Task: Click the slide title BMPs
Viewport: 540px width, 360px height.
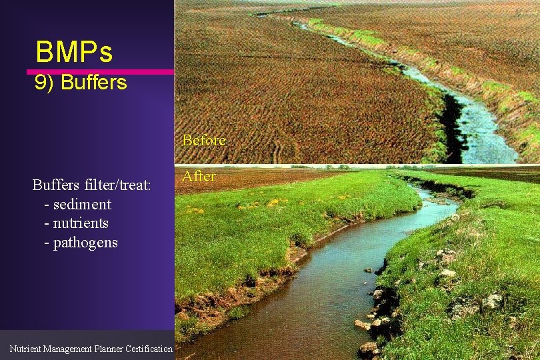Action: pos(74,51)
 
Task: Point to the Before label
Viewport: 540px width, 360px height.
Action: pos(204,141)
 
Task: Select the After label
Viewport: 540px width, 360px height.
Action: pos(199,176)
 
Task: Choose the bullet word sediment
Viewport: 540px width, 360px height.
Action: pos(82,204)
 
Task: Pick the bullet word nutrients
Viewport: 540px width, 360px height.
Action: pos(81,223)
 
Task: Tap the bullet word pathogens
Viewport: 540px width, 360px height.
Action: pos(85,242)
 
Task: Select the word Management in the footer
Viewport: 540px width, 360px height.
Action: pos(67,349)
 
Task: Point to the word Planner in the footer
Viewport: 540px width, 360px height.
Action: pos(110,349)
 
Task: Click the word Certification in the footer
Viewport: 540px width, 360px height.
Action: pos(150,349)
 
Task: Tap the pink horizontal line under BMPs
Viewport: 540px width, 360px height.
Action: pos(100,71)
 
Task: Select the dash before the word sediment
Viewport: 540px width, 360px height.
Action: pos(46,205)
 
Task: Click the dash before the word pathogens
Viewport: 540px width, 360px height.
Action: pos(46,243)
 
